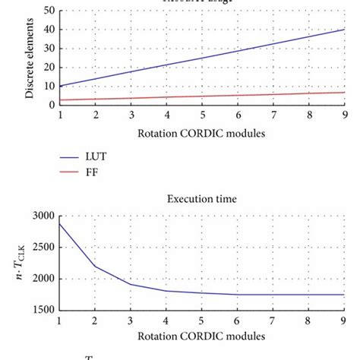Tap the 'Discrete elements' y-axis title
(x=28, y=59)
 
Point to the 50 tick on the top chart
(x=49, y=11)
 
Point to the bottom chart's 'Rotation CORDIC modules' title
(x=202, y=336)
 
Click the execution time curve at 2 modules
(x=95, y=266)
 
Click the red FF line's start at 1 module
(x=60, y=99)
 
